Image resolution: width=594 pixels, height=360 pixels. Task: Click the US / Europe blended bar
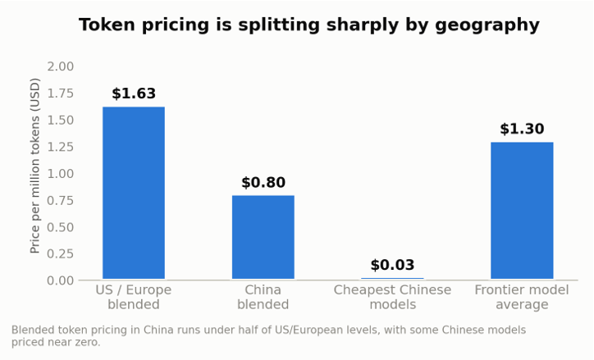tap(134, 193)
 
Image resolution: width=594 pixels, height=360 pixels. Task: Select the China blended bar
tap(263, 237)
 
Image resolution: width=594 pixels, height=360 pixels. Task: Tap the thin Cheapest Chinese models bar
tap(392, 278)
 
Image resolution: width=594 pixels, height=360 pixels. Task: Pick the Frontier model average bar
tap(522, 211)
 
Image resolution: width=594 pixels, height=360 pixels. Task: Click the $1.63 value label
tap(134, 93)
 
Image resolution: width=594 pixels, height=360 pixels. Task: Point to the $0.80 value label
tap(263, 183)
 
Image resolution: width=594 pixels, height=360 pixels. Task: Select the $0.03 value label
tap(392, 265)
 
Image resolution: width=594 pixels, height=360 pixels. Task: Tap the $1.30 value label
tap(522, 129)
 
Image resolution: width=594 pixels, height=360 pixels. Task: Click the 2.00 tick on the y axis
tap(60, 66)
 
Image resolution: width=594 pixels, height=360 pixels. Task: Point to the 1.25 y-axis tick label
tap(60, 147)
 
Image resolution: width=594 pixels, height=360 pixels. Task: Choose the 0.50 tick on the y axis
tap(60, 227)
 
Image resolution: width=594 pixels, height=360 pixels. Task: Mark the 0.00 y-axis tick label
tap(60, 280)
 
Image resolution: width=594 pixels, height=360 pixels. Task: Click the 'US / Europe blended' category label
tap(134, 297)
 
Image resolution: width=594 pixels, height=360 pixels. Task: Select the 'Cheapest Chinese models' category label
tap(392, 297)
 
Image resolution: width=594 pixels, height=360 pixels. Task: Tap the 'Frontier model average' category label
tap(522, 297)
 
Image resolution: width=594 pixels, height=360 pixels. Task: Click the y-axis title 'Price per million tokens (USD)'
tap(34, 166)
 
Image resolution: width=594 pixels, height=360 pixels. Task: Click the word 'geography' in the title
tap(487, 25)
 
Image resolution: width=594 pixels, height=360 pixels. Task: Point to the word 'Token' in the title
tap(107, 25)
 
